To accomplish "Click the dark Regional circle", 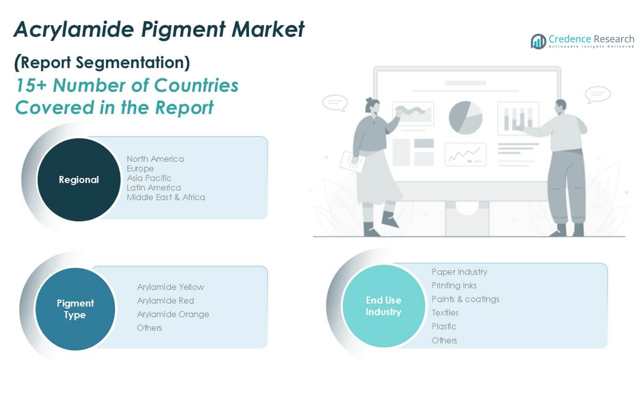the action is click(x=79, y=180).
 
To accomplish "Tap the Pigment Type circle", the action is click(x=75, y=309).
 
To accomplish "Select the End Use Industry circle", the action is click(x=383, y=306).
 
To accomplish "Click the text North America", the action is click(x=155, y=159).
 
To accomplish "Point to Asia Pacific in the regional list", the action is click(x=149, y=178).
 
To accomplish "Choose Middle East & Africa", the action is click(x=166, y=197).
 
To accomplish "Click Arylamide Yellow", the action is click(x=171, y=287).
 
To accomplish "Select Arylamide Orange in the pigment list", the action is click(x=173, y=314).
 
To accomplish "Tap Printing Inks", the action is click(x=454, y=285).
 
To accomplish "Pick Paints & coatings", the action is click(x=465, y=299).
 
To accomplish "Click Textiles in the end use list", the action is click(x=445, y=313).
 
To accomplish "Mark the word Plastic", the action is click(x=444, y=327).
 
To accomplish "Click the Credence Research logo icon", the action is click(x=538, y=41).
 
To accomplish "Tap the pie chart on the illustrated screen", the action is click(x=465, y=118).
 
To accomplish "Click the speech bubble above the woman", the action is click(x=335, y=102).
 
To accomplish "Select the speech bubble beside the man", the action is click(x=598, y=95).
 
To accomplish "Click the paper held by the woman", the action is click(x=352, y=161).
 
